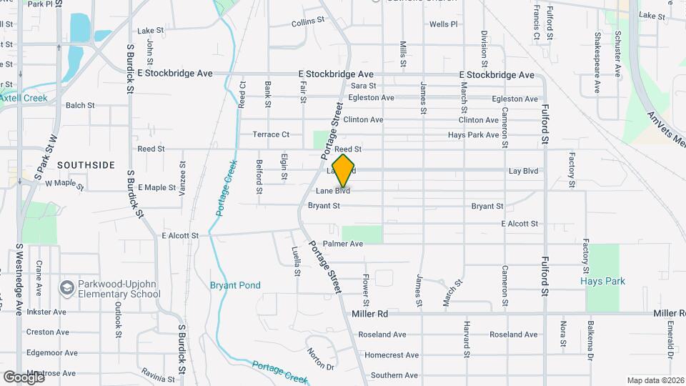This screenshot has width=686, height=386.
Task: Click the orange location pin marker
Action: tap(344, 170)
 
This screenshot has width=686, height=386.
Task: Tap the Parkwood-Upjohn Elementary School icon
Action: tap(67, 288)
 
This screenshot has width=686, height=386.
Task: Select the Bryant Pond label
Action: tap(235, 285)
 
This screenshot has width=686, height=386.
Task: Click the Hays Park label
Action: tap(602, 281)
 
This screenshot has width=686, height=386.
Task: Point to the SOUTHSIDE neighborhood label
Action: tap(86, 165)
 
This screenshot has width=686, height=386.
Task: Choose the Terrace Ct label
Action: tap(271, 134)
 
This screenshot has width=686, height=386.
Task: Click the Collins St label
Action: tap(309, 23)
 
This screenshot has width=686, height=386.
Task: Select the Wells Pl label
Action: tap(443, 24)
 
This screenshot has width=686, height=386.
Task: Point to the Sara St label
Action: tap(363, 86)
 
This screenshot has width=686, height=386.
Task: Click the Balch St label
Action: tap(80, 105)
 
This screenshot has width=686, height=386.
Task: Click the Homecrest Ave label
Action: tap(385, 355)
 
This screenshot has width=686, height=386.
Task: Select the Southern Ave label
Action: tap(389, 375)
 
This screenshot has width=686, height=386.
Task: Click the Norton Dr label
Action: tap(320, 358)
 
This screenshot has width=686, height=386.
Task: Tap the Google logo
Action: tap(24, 377)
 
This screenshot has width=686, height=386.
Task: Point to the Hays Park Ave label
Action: tap(473, 134)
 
